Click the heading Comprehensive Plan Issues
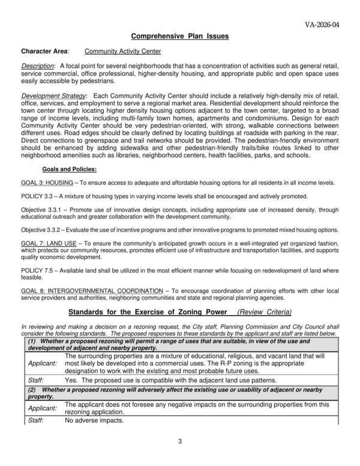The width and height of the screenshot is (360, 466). (180, 37)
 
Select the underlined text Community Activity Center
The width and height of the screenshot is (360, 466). (122, 52)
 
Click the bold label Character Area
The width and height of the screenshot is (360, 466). (45, 52)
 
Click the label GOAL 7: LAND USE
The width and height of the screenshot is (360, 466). (49, 243)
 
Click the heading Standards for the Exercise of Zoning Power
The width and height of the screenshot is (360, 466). (148, 312)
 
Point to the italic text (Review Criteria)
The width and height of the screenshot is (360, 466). (265, 312)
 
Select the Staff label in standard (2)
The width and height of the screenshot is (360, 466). (36, 420)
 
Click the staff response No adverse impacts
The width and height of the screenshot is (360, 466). (94, 420)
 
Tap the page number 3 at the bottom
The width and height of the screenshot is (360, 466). (180, 443)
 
